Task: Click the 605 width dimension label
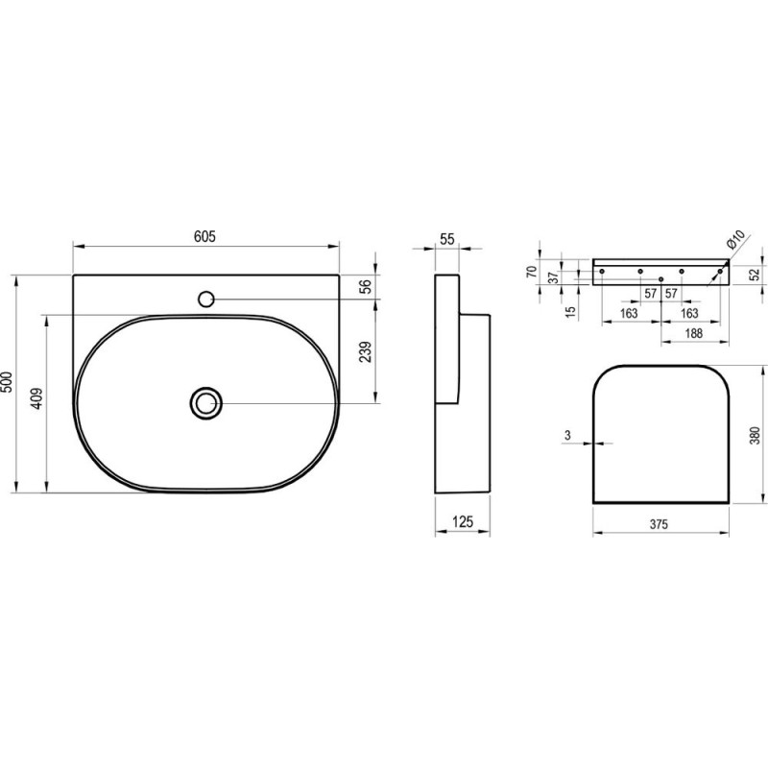tap(204, 236)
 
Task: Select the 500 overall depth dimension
tap(8, 381)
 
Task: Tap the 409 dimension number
tap(37, 398)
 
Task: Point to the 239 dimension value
tap(366, 352)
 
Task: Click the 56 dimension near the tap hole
tap(366, 285)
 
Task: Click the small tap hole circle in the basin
tap(206, 299)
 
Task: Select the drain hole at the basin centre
tap(206, 403)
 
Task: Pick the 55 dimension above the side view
tap(447, 239)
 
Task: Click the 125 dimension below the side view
tap(463, 522)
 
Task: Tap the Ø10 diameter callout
tap(735, 239)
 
